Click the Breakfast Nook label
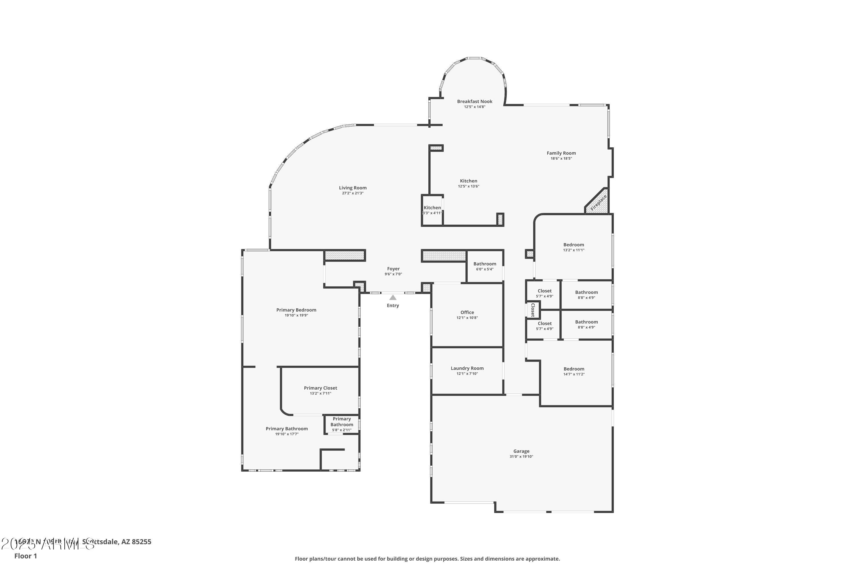coord(475,101)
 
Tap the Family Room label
coord(561,153)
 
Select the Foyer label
coord(393,269)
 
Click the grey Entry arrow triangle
coord(393,297)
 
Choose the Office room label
coord(467,312)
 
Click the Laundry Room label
coord(467,368)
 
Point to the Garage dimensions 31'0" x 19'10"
coord(521,457)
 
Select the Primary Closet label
coord(320,388)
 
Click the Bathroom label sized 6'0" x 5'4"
coord(484,264)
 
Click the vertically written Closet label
coord(533,310)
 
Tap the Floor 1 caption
coord(25,556)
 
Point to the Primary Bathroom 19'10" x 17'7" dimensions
coord(287,434)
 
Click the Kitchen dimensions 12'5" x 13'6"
coord(469,186)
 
